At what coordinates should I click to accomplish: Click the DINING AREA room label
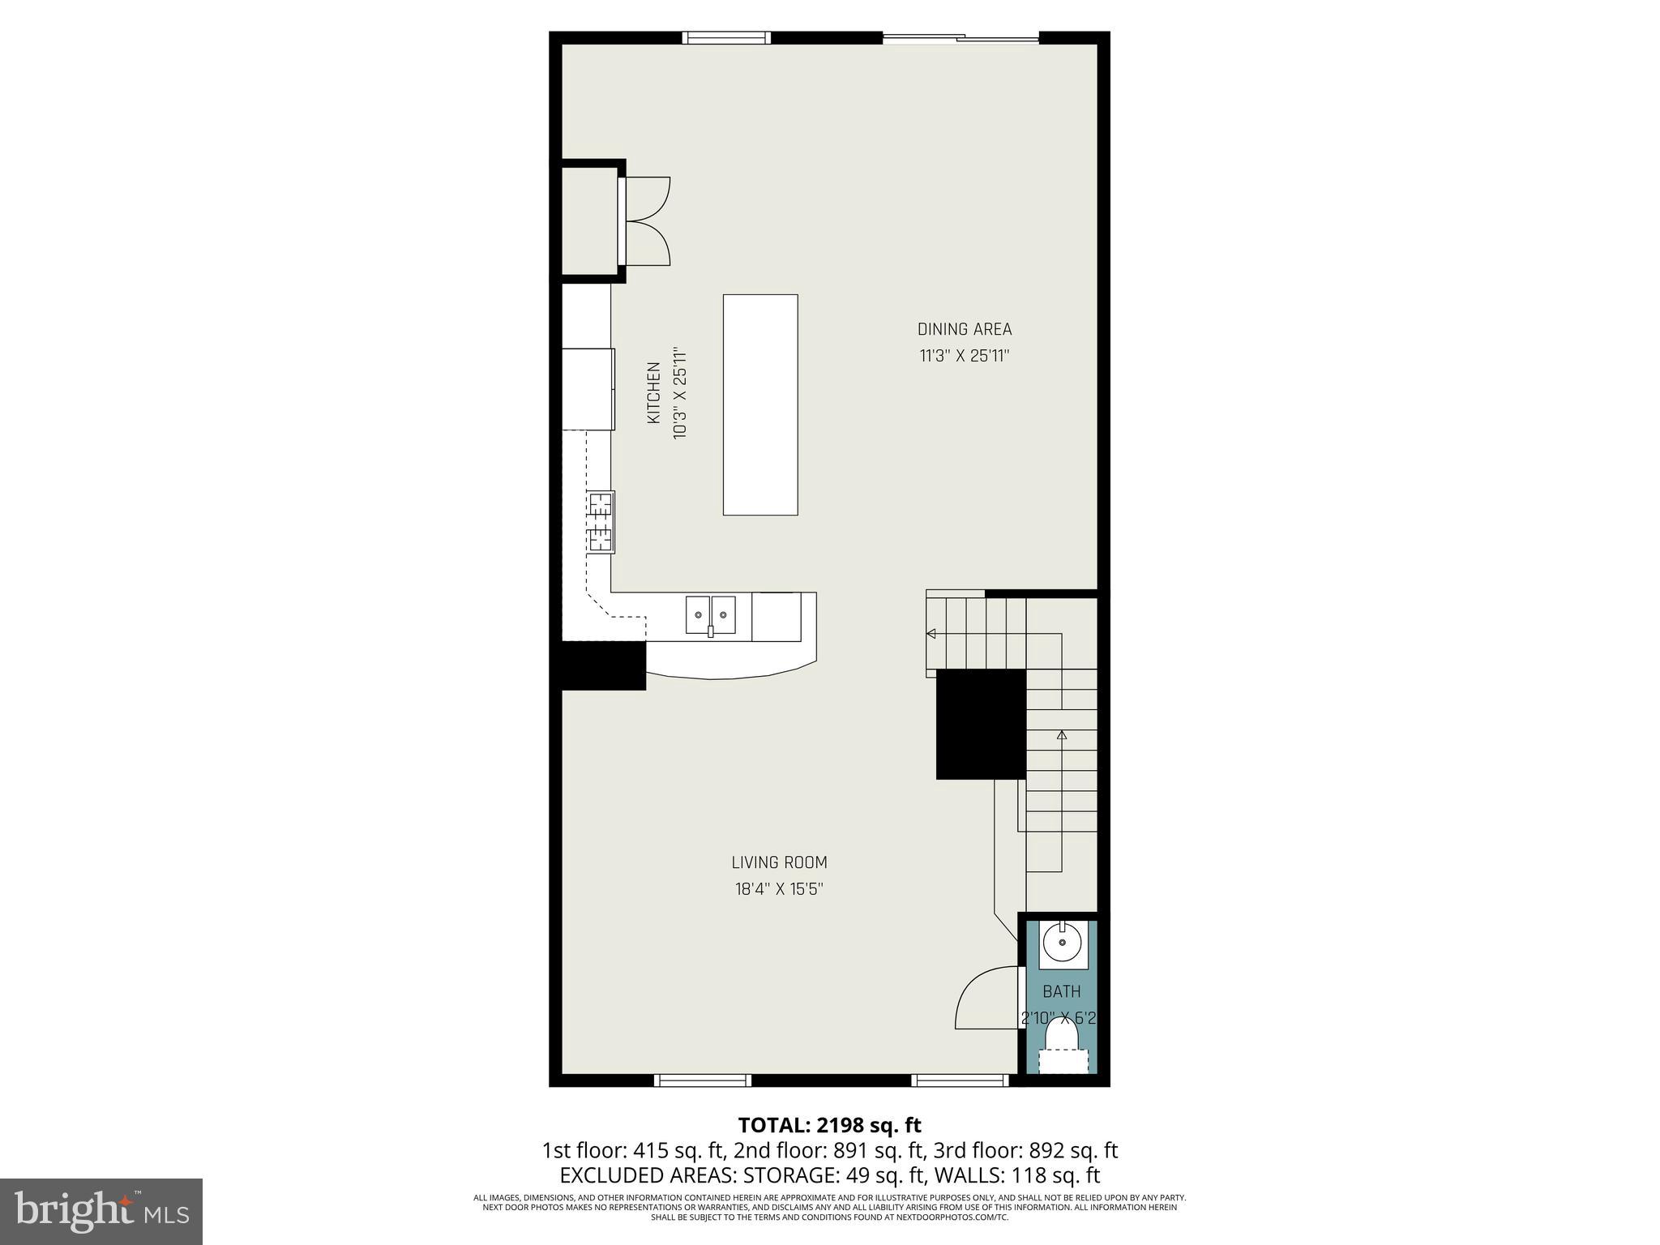pyautogui.click(x=964, y=329)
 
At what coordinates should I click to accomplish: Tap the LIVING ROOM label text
pyautogui.click(x=779, y=862)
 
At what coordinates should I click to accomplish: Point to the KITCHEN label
pyautogui.click(x=654, y=392)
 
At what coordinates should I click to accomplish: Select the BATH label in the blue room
pyautogui.click(x=1061, y=991)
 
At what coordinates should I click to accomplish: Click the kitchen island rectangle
pyautogui.click(x=759, y=404)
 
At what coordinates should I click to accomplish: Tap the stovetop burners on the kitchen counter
pyautogui.click(x=601, y=522)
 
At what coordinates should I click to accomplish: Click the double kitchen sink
pyautogui.click(x=711, y=614)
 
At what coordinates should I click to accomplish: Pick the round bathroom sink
pyautogui.click(x=1062, y=943)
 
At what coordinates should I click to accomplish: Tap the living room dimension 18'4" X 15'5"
pyautogui.click(x=779, y=889)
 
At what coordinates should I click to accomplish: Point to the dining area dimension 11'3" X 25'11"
pyautogui.click(x=964, y=356)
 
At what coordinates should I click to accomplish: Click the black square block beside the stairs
pyautogui.click(x=981, y=724)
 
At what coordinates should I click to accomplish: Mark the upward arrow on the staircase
pyautogui.click(x=1061, y=735)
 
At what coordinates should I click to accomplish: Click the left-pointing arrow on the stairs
pyautogui.click(x=931, y=634)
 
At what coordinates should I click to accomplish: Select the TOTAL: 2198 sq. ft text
pyautogui.click(x=829, y=1125)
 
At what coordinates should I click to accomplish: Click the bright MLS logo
pyautogui.click(x=101, y=1211)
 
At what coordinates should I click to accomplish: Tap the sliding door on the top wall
pyautogui.click(x=960, y=37)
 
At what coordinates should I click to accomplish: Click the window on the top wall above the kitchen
pyautogui.click(x=725, y=37)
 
